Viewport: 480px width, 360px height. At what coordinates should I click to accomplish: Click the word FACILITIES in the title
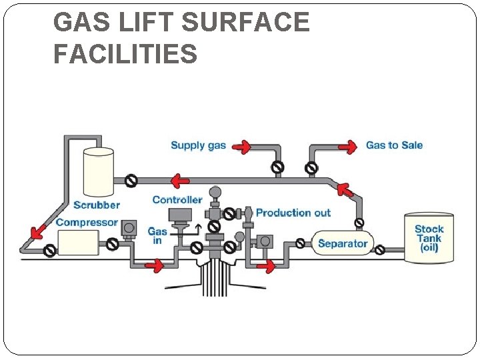pyautogui.click(x=125, y=53)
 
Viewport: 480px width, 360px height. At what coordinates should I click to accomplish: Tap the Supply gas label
pyautogui.click(x=198, y=145)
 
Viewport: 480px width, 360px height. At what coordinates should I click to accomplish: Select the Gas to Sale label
pyautogui.click(x=394, y=145)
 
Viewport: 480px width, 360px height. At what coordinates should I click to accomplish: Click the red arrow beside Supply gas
pyautogui.click(x=243, y=145)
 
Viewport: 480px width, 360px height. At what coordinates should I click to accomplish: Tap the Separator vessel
pyautogui.click(x=342, y=243)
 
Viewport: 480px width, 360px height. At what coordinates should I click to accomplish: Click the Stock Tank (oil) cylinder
pyautogui.click(x=429, y=237)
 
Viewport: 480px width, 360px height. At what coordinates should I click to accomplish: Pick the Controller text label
pyautogui.click(x=177, y=199)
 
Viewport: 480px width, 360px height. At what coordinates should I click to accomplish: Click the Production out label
pyautogui.click(x=293, y=213)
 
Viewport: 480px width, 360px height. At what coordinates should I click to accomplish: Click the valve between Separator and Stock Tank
pyautogui.click(x=379, y=251)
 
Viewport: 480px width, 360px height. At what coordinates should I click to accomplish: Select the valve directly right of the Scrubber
pyautogui.click(x=132, y=180)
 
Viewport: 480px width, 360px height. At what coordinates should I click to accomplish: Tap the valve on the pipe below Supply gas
pyautogui.click(x=277, y=167)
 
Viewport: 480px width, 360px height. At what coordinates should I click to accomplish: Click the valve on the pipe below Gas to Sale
pyautogui.click(x=311, y=167)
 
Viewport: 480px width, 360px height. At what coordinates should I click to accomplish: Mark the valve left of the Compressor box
pyautogui.click(x=49, y=251)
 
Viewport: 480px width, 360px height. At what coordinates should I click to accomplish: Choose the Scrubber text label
pyautogui.click(x=97, y=205)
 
